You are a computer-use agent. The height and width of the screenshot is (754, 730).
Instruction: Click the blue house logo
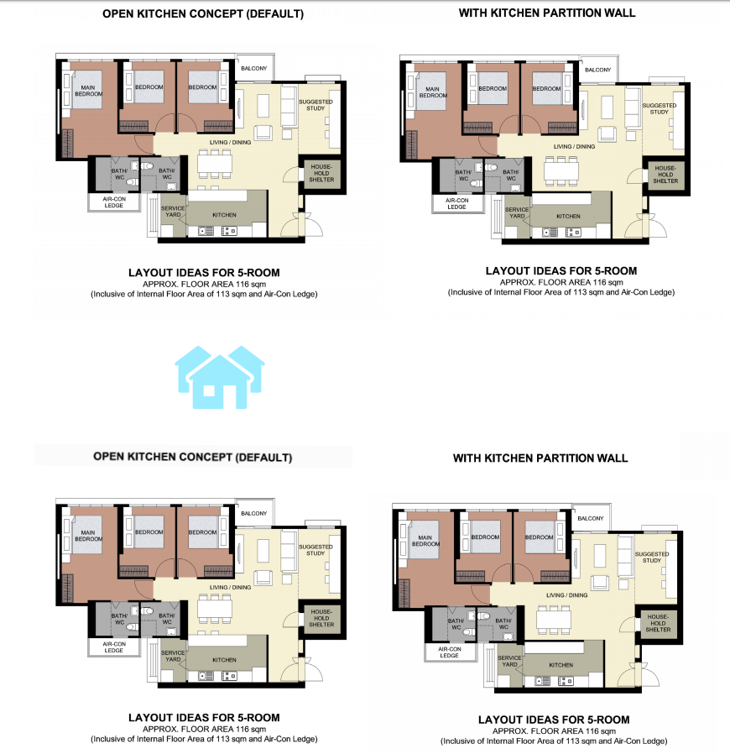coord(220,378)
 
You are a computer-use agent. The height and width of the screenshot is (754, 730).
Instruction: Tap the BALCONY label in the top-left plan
coord(253,68)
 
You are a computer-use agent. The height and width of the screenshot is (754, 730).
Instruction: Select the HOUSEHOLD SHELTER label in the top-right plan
coord(665,175)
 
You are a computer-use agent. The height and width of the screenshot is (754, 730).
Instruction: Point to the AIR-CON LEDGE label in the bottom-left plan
coord(114,647)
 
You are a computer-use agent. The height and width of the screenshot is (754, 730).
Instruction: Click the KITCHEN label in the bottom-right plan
coord(561,665)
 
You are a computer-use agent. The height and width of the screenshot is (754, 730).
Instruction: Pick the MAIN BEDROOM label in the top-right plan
coord(432,92)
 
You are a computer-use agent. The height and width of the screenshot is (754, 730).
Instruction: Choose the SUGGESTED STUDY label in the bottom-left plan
coord(315,550)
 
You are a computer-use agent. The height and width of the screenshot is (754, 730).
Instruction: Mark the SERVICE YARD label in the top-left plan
coord(173,212)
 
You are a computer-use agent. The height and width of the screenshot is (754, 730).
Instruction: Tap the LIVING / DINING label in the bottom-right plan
coord(566,595)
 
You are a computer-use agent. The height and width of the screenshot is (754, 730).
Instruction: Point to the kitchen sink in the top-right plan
coord(550,233)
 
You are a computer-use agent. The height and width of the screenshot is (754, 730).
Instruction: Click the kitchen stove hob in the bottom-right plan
coord(566,682)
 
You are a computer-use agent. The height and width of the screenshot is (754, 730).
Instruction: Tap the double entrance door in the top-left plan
coord(301,225)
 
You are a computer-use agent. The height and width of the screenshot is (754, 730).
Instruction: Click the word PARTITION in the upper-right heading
coord(562,13)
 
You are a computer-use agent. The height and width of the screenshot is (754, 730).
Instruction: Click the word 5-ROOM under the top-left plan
coord(258,273)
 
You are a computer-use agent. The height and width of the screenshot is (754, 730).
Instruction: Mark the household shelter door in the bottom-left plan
coord(293,620)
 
